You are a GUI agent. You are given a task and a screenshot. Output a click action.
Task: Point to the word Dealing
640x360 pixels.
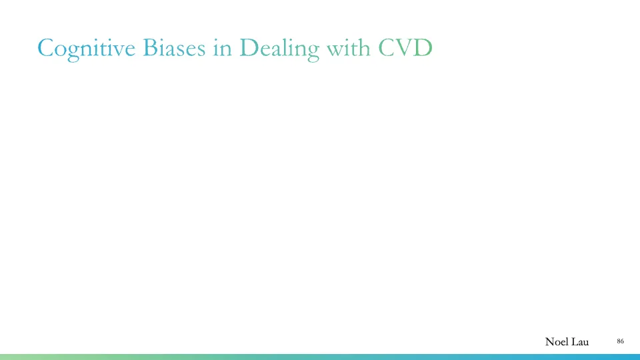[277, 48]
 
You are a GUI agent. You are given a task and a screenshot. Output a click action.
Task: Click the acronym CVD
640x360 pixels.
[405, 48]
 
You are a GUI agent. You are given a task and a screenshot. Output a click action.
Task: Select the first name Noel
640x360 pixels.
[557, 342]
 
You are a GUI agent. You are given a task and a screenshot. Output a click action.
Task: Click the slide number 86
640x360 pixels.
[621, 341]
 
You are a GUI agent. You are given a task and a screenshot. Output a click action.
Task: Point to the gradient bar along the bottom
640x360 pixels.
[320, 357]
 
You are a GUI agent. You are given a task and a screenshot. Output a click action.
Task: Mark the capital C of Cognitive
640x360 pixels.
[47, 48]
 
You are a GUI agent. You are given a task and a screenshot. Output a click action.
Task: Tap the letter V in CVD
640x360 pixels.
[405, 48]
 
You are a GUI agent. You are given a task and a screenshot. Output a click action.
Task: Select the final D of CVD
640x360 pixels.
[423, 48]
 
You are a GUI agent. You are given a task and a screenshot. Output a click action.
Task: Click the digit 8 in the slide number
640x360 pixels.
[619, 341]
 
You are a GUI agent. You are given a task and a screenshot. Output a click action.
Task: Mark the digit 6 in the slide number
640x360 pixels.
[623, 341]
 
